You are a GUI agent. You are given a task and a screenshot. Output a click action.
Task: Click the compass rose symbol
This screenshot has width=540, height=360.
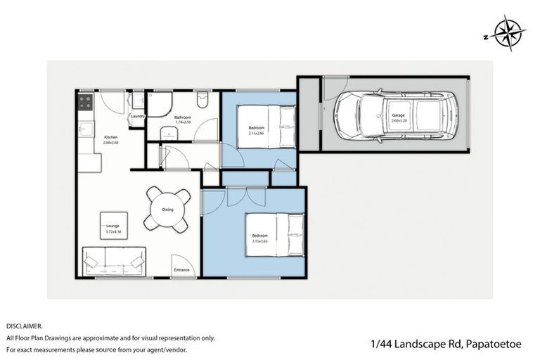click(x=509, y=33)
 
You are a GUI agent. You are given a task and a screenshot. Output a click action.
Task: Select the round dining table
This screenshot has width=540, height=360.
click(x=167, y=210)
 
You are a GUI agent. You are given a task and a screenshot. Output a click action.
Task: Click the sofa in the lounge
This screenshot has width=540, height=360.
click(x=114, y=262)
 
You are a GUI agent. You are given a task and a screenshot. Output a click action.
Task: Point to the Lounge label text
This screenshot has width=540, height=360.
click(x=112, y=225)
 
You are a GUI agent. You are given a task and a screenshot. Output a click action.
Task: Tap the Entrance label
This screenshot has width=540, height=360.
click(x=182, y=269)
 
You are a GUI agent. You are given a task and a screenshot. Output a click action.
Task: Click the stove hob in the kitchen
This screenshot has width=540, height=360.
click(x=85, y=103)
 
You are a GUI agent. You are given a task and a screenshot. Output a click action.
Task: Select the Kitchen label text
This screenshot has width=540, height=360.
click(x=111, y=137)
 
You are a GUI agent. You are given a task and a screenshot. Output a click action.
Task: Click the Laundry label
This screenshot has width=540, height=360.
click(x=137, y=116)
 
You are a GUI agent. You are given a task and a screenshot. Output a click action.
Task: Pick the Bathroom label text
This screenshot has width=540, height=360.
click(x=184, y=117)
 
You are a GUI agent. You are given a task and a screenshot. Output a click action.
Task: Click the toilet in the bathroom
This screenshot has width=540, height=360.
click(x=202, y=101)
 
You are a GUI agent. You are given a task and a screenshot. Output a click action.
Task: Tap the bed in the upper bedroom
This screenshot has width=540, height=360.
click(x=267, y=127)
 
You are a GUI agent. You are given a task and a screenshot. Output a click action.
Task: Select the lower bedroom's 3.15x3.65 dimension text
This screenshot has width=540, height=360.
click(x=260, y=241)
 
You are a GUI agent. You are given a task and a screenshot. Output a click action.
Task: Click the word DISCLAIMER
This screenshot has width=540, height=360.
click(x=24, y=326)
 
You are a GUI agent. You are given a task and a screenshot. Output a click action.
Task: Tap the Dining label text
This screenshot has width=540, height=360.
click(x=167, y=210)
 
